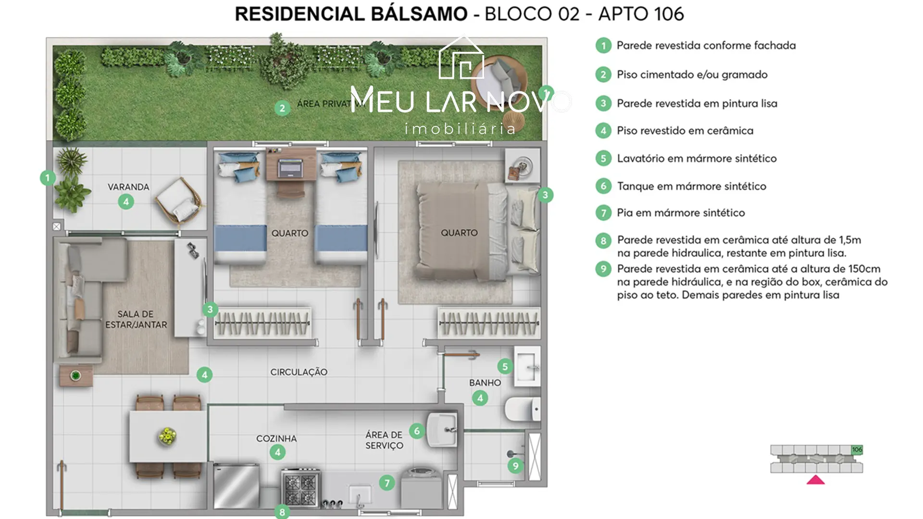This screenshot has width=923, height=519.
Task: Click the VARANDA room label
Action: [x=128, y=187]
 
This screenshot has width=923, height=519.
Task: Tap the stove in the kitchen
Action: [x=301, y=487]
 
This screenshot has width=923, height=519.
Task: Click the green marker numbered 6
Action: [x=417, y=431]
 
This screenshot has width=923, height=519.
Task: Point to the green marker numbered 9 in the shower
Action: [x=515, y=466]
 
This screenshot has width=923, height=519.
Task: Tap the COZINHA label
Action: [x=276, y=438]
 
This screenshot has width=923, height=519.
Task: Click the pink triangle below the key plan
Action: [x=815, y=480]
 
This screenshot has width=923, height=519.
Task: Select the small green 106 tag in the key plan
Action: [x=857, y=450]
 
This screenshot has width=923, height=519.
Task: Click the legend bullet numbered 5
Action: [x=603, y=158]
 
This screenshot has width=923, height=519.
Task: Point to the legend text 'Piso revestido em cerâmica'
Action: [x=685, y=131]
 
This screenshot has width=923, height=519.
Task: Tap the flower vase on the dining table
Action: [x=167, y=436]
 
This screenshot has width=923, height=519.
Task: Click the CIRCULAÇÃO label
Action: [x=299, y=372]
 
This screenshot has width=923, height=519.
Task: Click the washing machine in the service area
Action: [x=420, y=487]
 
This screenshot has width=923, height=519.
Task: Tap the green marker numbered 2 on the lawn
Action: [x=282, y=108]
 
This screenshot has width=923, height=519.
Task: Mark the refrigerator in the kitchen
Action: [x=236, y=486]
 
